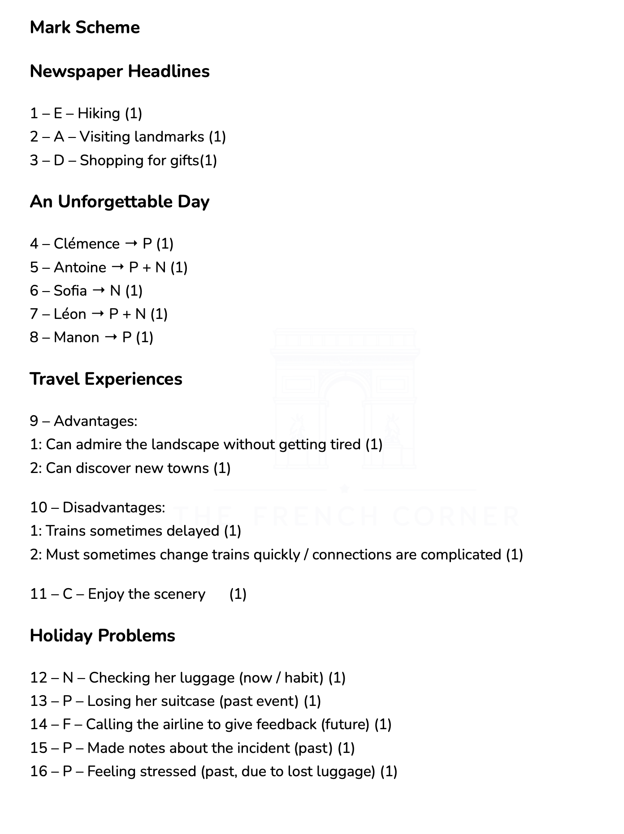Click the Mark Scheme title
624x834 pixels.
(85, 28)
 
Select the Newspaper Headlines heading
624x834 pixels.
(120, 71)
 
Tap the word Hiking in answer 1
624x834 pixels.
(99, 113)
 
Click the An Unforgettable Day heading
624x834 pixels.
(120, 202)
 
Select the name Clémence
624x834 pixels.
(87, 244)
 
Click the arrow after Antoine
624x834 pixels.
(117, 267)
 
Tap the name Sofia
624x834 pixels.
(70, 291)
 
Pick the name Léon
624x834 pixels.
(70, 314)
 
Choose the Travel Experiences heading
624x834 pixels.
(106, 379)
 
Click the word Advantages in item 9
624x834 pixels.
(95, 421)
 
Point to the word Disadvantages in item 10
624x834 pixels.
(113, 507)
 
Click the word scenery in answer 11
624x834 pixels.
(179, 594)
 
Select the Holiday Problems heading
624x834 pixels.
(102, 636)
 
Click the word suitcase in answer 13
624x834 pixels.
(188, 701)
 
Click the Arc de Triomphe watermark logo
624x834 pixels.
(345, 399)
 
